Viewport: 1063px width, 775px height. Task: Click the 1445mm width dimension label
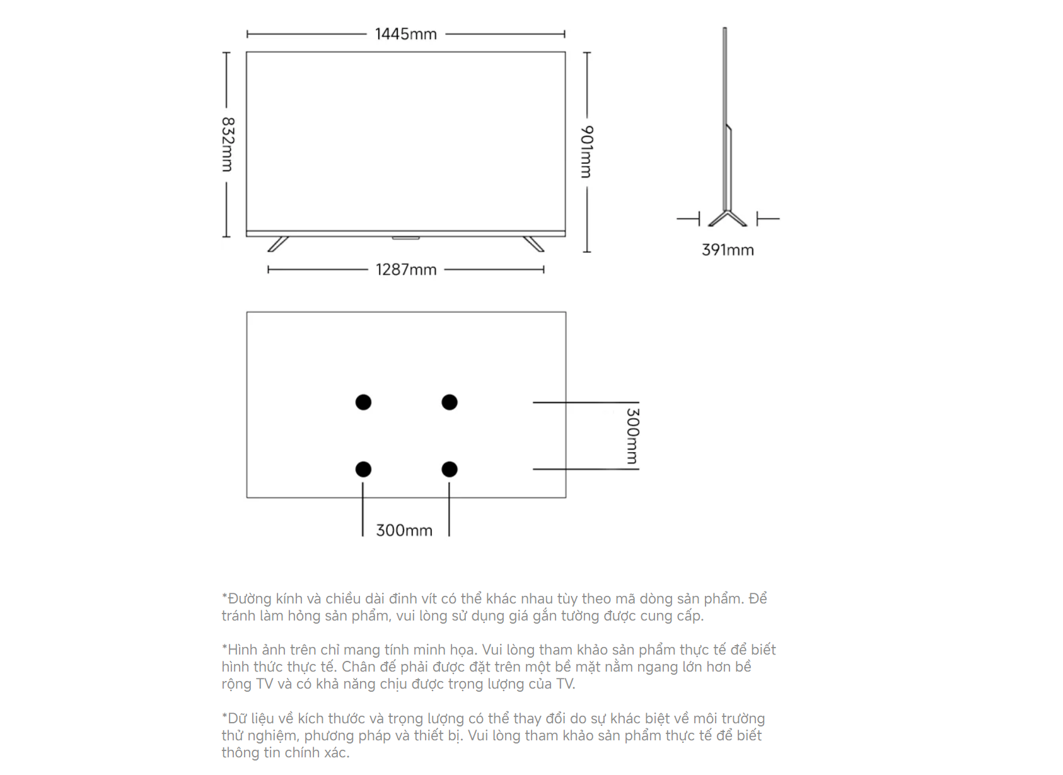tap(405, 34)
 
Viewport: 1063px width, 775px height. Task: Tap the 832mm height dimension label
tap(228, 144)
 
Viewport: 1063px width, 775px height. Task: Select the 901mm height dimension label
tap(586, 152)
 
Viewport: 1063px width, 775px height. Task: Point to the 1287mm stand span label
tap(406, 270)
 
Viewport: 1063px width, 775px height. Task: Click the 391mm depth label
tap(728, 250)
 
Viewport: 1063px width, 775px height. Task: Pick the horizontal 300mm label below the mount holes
tap(404, 530)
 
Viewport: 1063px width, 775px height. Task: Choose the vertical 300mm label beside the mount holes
tap(632, 436)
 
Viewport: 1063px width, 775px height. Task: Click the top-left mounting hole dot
tap(363, 402)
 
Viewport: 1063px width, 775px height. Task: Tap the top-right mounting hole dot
tap(450, 402)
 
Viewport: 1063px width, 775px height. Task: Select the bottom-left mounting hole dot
tap(363, 469)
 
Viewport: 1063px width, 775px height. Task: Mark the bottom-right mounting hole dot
tap(450, 469)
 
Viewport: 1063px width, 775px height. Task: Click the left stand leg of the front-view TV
tap(278, 244)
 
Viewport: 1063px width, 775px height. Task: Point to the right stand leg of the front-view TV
tap(533, 244)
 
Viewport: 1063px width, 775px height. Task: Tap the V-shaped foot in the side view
tap(728, 218)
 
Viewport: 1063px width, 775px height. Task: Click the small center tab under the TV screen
tap(406, 238)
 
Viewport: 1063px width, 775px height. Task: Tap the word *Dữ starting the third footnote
tap(234, 718)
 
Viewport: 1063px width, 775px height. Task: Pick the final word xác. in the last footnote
tap(337, 752)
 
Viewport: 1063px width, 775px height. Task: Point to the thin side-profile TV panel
tap(727, 119)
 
